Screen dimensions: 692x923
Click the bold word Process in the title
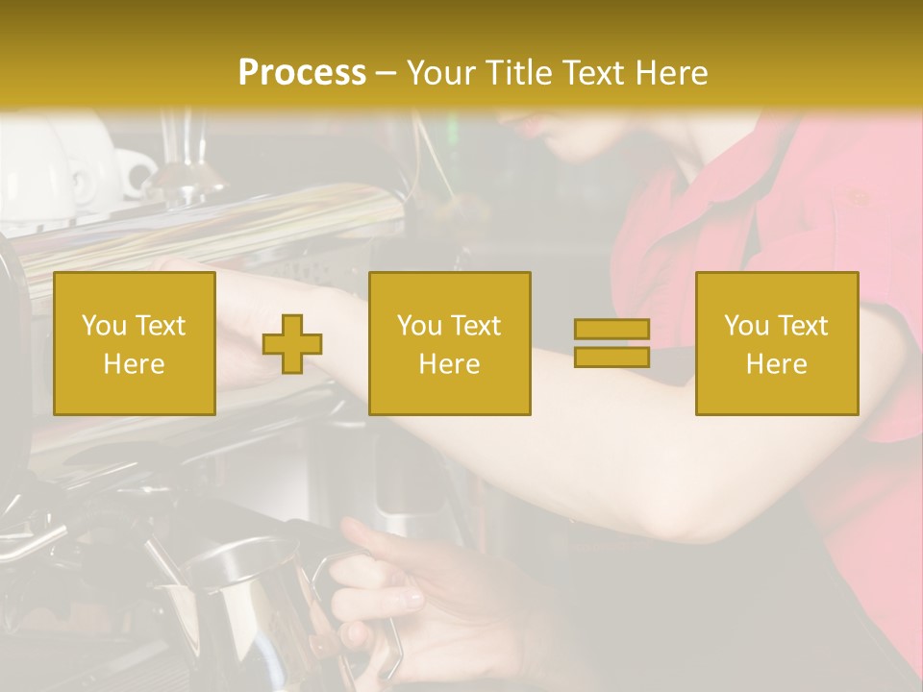[302, 73]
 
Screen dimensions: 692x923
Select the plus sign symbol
[292, 343]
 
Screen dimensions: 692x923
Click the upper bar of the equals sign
[611, 329]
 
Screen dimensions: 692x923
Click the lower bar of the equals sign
[611, 358]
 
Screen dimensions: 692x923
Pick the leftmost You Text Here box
[135, 343]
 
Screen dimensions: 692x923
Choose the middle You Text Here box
[449, 343]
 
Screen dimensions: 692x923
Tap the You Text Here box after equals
[777, 343]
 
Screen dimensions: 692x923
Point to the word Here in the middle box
[449, 364]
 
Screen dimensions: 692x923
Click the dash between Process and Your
[386, 73]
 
